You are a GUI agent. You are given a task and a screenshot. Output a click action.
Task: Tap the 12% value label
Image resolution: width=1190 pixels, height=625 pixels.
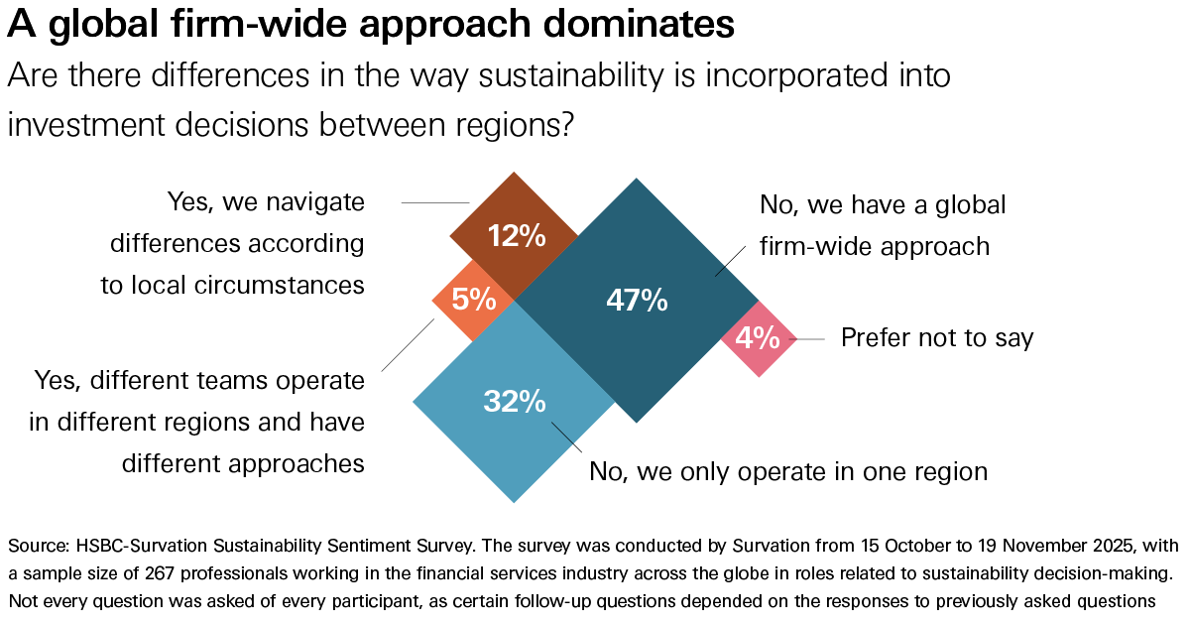click(x=516, y=236)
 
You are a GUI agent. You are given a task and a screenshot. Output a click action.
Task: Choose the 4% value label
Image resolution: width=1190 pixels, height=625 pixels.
click(x=758, y=337)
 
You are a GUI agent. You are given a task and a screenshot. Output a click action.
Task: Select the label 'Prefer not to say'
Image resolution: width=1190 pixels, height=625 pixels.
click(x=937, y=338)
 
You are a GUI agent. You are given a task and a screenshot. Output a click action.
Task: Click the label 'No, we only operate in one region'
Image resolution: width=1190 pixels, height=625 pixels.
click(x=788, y=470)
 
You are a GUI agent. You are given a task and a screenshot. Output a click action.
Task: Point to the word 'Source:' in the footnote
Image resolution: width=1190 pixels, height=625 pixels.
click(x=41, y=547)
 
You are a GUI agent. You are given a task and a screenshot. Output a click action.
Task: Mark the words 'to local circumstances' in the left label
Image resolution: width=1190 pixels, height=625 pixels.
click(x=233, y=286)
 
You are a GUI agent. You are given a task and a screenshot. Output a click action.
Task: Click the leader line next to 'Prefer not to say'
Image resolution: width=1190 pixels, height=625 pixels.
click(x=809, y=338)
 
